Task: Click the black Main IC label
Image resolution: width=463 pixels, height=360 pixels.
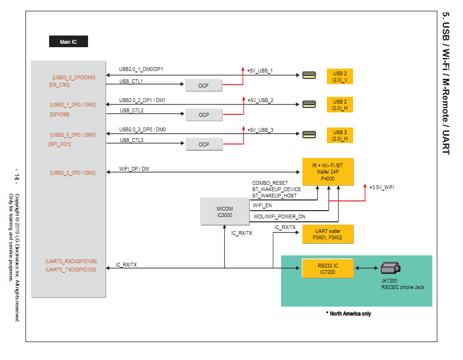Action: point(69,42)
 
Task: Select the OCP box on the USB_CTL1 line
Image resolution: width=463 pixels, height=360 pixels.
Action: point(203,86)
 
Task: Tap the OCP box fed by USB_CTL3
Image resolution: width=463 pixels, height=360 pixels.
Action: point(203,144)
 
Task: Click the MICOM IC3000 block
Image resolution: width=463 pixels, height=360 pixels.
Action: point(225,212)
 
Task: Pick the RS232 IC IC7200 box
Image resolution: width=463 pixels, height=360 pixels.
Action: point(328,269)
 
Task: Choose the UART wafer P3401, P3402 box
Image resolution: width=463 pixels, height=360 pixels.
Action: point(328,234)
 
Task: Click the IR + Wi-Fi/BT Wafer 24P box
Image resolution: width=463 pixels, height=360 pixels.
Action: point(328,172)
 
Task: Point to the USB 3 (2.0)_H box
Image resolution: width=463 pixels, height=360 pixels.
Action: point(340,135)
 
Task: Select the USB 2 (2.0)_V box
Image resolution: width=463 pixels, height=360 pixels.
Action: point(340,76)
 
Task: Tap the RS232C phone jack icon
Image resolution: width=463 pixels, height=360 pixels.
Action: point(391,268)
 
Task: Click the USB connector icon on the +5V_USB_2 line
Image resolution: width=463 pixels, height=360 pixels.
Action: point(308,104)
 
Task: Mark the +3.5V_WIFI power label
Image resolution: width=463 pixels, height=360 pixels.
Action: point(381,187)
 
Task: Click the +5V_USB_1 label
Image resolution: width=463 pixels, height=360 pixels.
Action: point(260,71)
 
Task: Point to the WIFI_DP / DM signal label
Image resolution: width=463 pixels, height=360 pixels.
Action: point(134,169)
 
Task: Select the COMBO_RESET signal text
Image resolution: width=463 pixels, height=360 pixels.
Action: point(273,183)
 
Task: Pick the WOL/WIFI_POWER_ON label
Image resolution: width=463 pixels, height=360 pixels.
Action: point(279,216)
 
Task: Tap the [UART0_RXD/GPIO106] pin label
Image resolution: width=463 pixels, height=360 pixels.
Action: point(71,261)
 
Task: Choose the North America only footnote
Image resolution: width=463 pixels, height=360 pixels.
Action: point(349,314)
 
